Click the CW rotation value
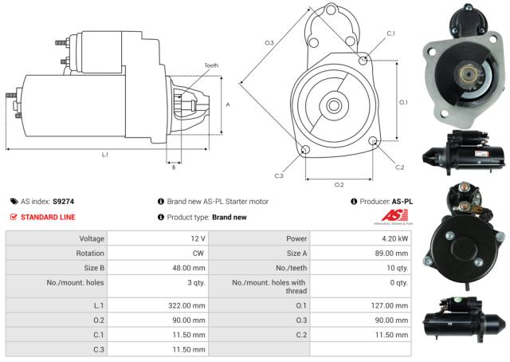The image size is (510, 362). (199, 254)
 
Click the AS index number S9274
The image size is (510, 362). (63, 202)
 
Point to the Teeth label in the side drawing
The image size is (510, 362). (210, 65)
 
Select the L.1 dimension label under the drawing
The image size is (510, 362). (105, 155)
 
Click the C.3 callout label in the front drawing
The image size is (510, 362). (278, 176)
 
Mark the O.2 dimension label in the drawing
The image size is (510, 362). (339, 185)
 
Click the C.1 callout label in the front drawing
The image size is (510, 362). (390, 33)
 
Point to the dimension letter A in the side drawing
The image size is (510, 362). (228, 104)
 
